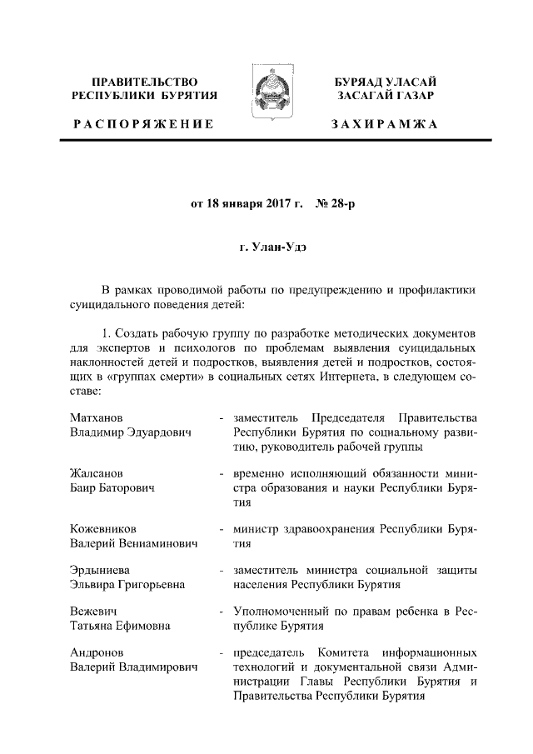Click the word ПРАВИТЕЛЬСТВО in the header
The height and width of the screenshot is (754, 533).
coord(145,82)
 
